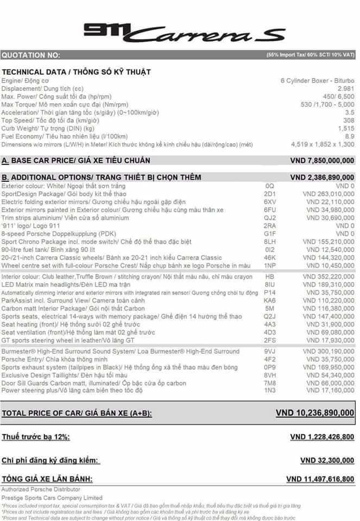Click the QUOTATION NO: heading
(31, 55)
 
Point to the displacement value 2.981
(346, 88)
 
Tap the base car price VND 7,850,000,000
(322, 161)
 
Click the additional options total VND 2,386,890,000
(322, 177)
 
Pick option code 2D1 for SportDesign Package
(270, 194)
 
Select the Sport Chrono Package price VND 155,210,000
(328, 241)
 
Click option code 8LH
(270, 241)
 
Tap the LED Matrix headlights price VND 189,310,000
(328, 285)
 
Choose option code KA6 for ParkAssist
(270, 301)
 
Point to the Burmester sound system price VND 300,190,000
(328, 352)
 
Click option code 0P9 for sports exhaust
(270, 368)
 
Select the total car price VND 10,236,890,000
(315, 413)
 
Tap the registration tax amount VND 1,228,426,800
(322, 437)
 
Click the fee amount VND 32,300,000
(327, 460)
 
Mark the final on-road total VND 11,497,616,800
(320, 479)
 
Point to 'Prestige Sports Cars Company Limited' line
(52, 498)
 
